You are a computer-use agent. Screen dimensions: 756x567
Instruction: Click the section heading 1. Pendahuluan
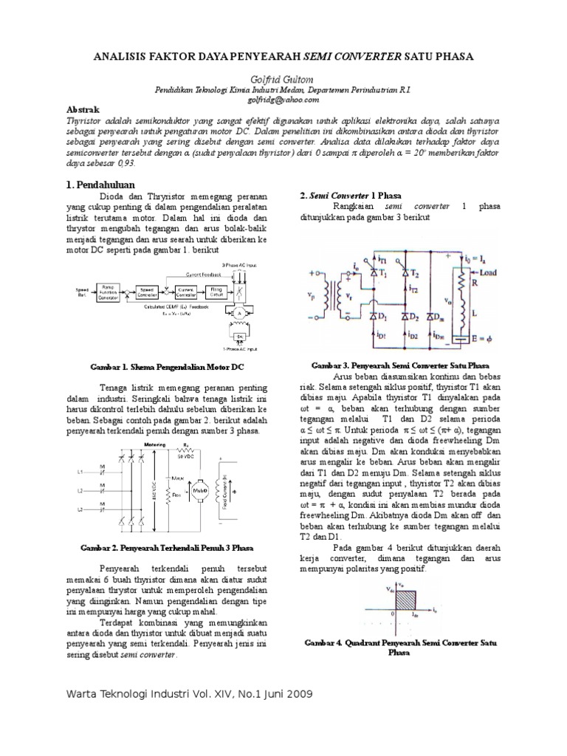coord(103,181)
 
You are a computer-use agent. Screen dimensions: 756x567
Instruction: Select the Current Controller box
coord(187,292)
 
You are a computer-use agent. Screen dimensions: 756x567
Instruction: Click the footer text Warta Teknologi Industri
coord(132,694)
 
